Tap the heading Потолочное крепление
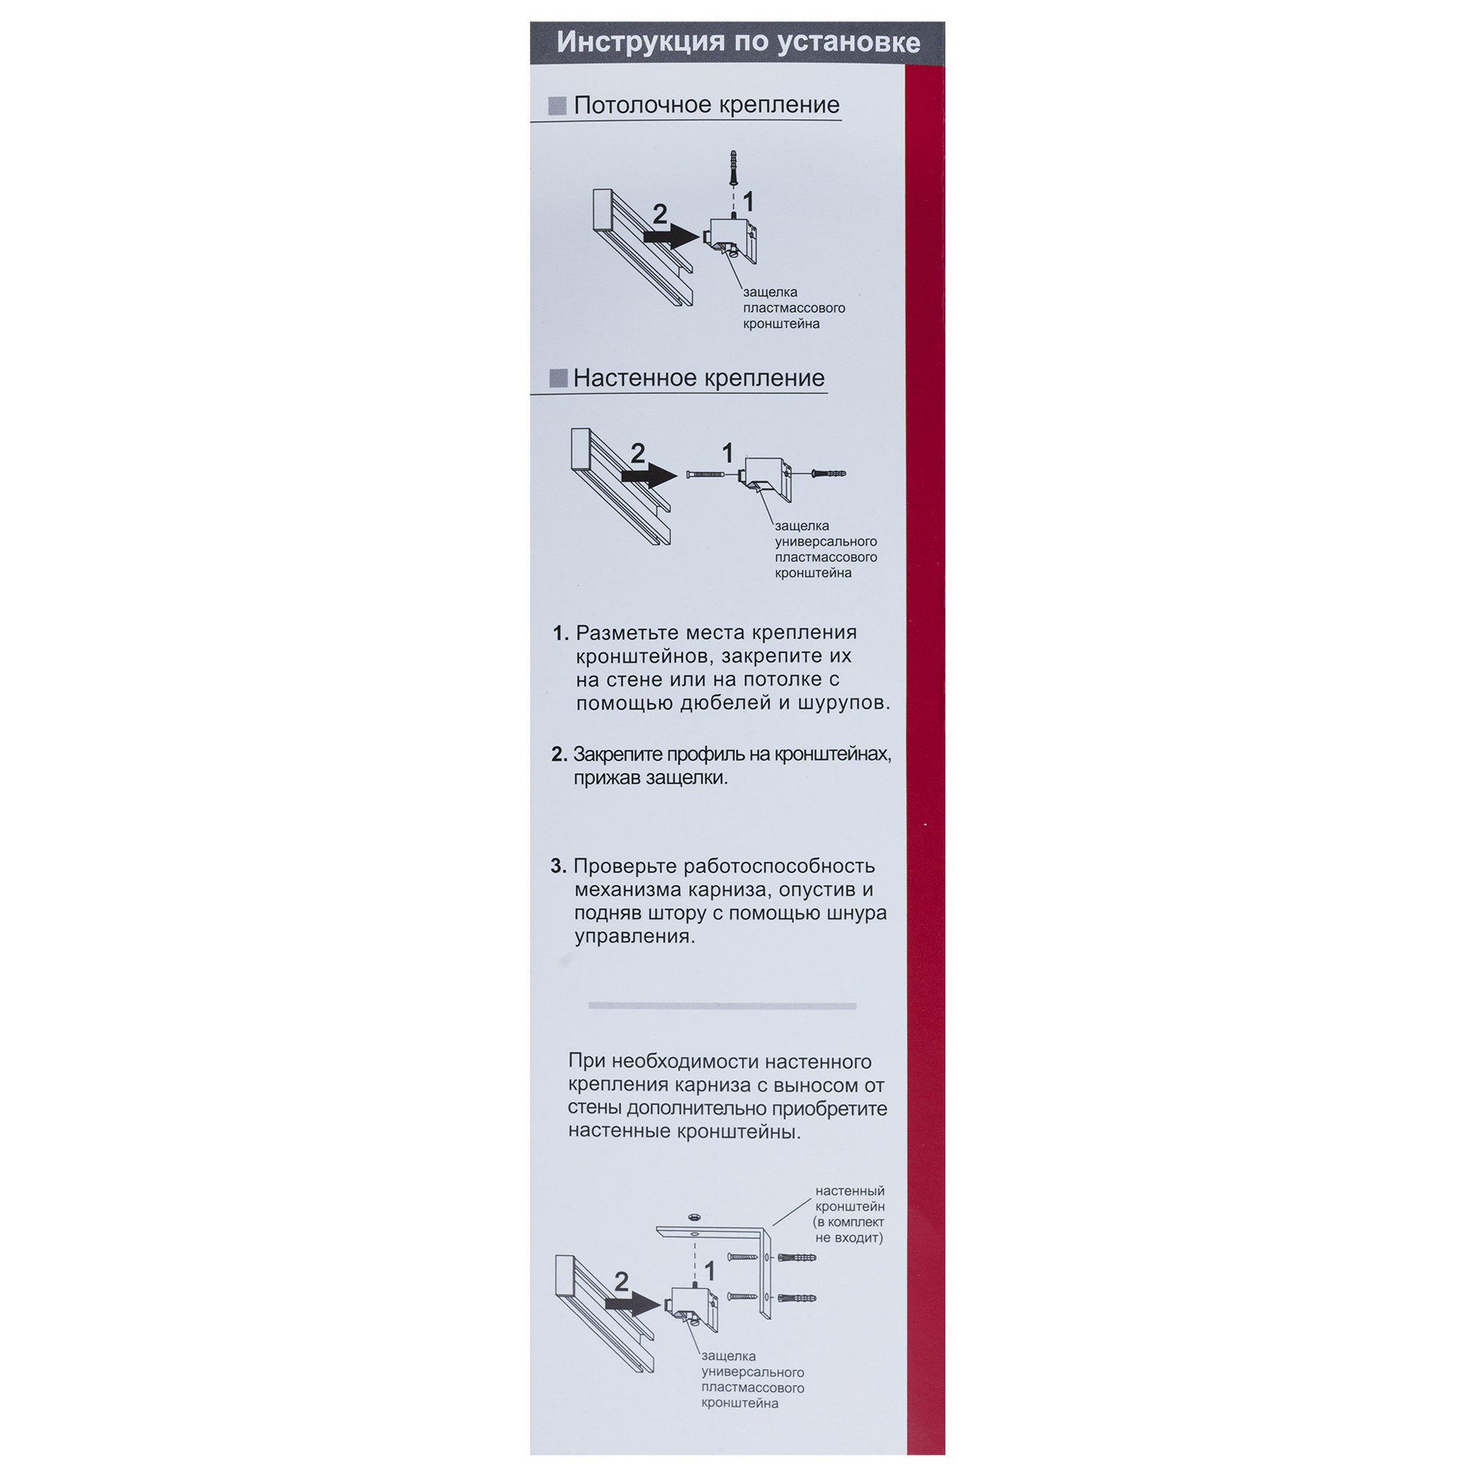[706, 106]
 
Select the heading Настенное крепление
[698, 378]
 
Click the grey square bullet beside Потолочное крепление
[558, 106]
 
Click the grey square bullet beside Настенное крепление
[559, 378]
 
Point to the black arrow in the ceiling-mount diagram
[672, 237]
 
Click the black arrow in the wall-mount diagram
[649, 476]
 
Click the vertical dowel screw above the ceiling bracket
[733, 168]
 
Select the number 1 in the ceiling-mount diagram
[748, 201]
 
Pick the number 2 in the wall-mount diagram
[638, 453]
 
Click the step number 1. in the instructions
[561, 633]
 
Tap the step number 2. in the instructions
[559, 755]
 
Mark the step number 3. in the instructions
[559, 866]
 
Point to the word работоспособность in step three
[779, 867]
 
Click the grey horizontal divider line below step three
[722, 1006]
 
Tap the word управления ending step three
[635, 937]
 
